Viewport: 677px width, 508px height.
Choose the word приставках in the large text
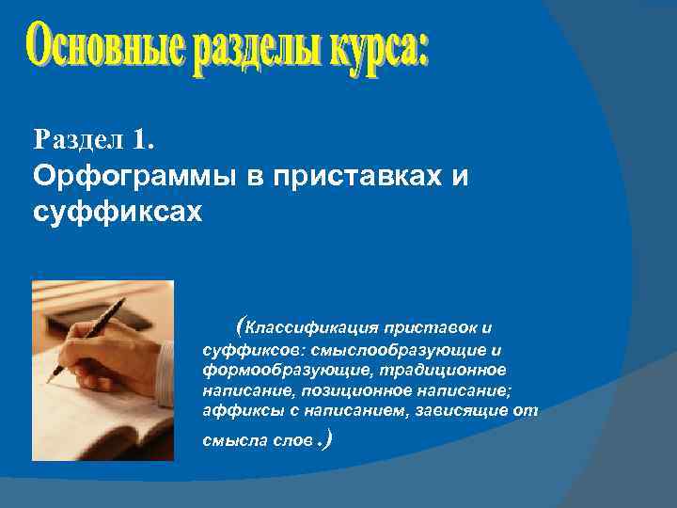tap(348, 176)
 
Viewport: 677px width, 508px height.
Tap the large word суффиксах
tap(117, 211)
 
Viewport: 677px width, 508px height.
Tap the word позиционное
tap(332, 390)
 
